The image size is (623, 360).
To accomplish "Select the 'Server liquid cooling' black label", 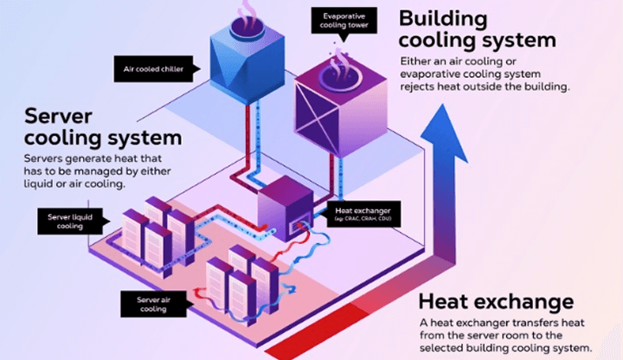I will pos(61,222).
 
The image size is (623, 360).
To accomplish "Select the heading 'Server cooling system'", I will pos(104,127).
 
